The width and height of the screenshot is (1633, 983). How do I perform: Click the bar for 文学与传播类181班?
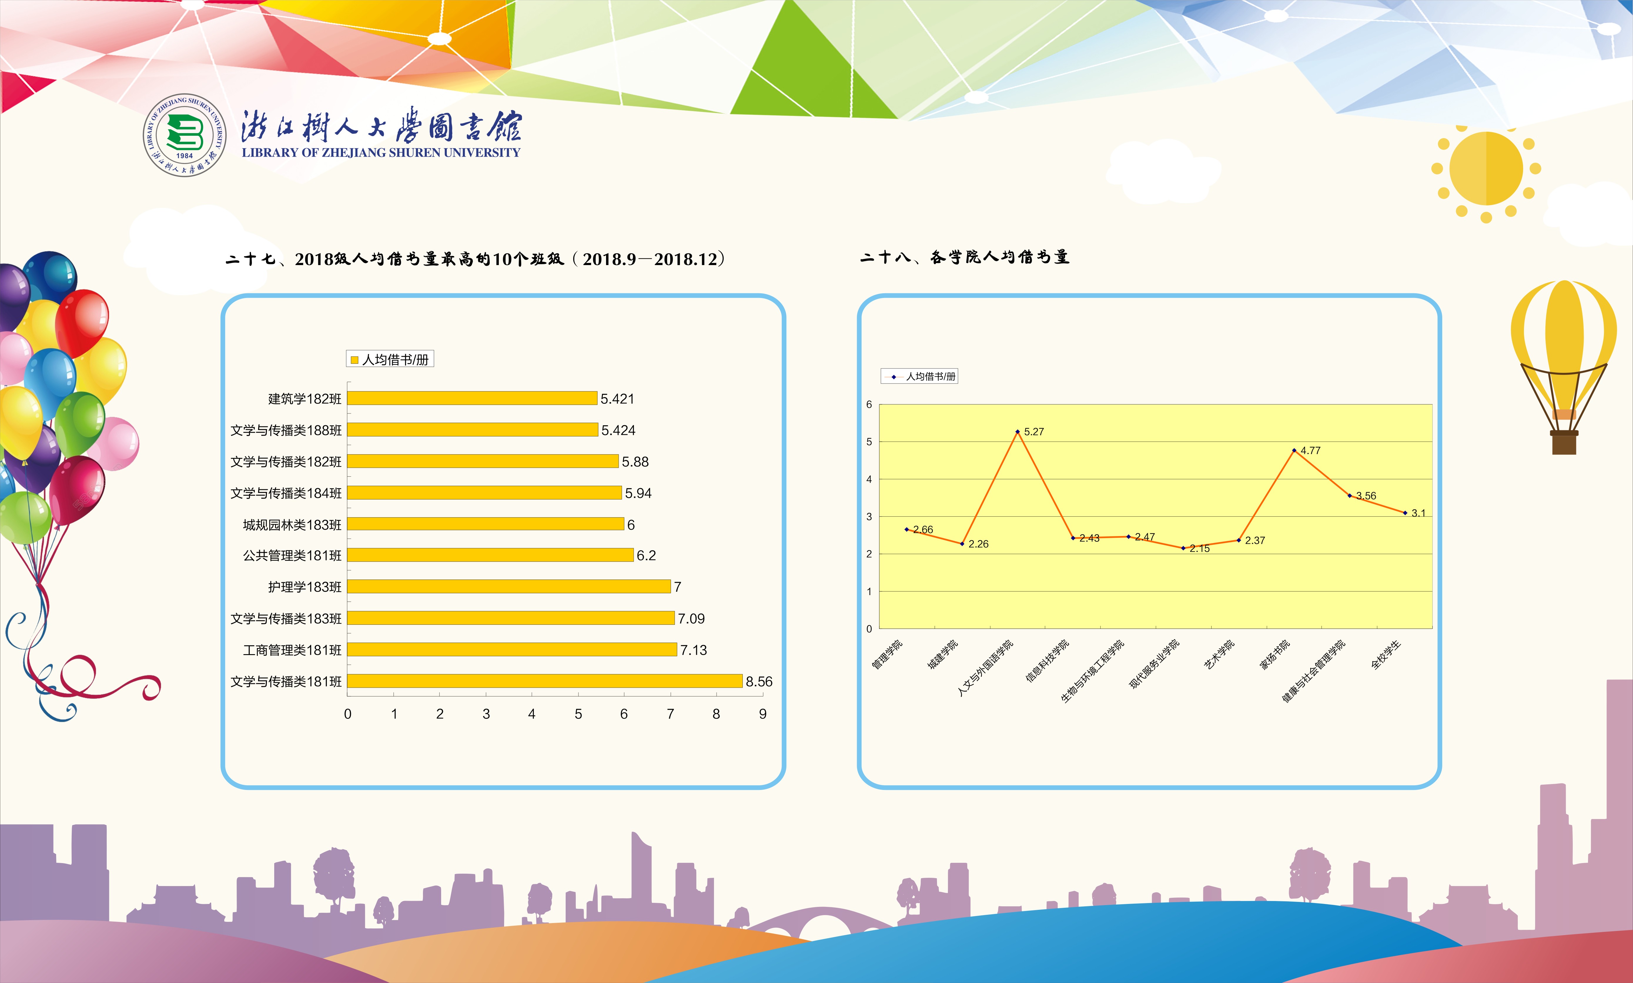(545, 681)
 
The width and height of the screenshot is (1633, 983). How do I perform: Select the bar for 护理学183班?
(509, 586)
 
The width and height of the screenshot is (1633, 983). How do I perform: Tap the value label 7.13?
(694, 650)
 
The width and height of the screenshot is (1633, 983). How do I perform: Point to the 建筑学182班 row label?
(305, 399)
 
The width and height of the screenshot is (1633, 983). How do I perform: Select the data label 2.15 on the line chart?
(1200, 548)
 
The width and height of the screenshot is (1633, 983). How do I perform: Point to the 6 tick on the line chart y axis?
(869, 404)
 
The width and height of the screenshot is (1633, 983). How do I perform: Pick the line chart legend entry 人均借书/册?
(919, 376)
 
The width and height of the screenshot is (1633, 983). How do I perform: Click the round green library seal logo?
(185, 135)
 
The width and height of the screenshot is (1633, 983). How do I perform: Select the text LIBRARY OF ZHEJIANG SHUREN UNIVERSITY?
(381, 152)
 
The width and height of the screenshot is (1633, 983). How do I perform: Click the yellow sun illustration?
(1486, 169)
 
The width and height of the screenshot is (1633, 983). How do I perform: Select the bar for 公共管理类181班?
(490, 555)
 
